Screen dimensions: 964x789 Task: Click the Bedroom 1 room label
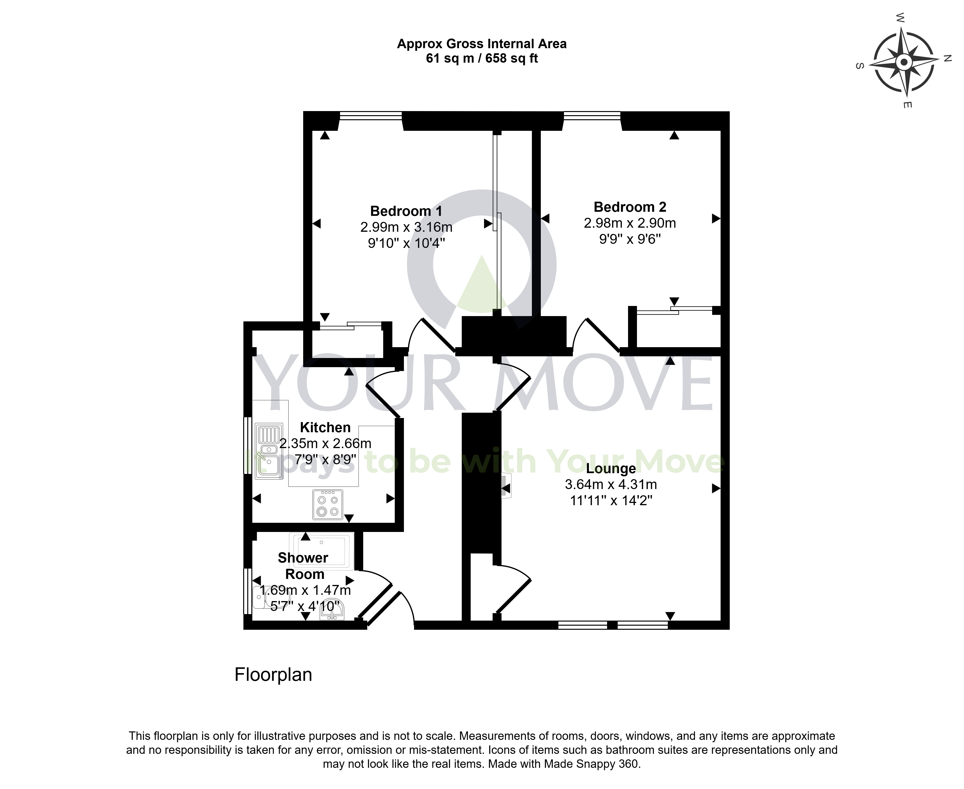(406, 211)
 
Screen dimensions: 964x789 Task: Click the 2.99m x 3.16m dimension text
(406, 227)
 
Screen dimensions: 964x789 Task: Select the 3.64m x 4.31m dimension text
(611, 484)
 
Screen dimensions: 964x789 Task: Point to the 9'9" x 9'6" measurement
(630, 239)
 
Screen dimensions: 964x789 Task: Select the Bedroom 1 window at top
(371, 116)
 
